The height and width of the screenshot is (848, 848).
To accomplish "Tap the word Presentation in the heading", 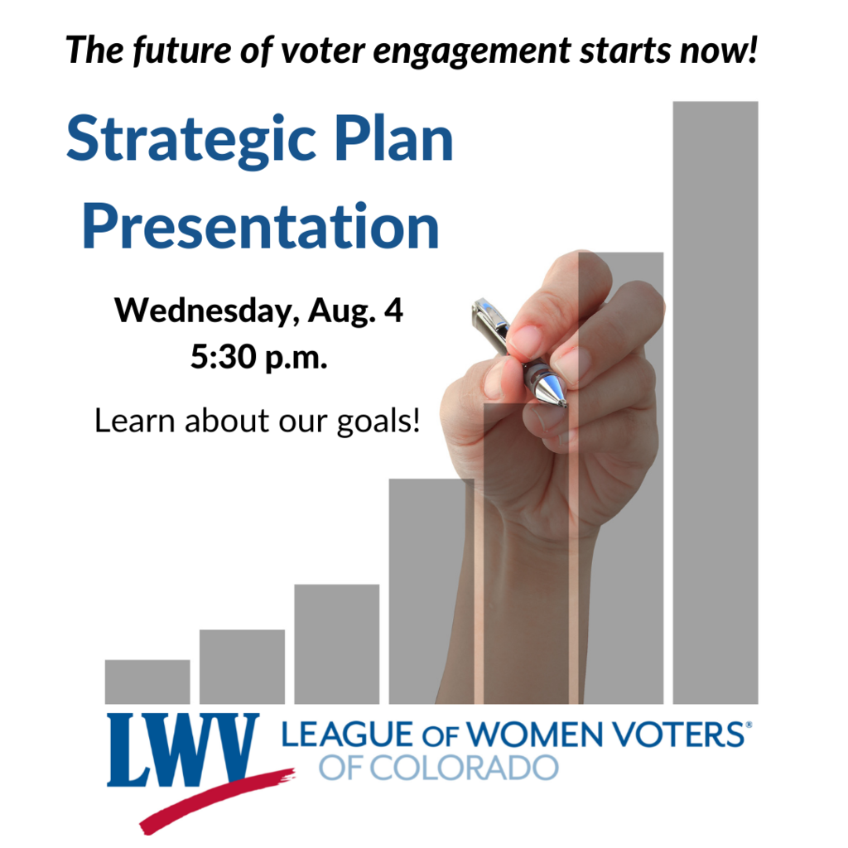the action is click(x=261, y=227).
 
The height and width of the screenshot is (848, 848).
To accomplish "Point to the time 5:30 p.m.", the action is click(x=259, y=358).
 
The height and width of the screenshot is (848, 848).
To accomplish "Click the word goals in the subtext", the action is click(x=378, y=422).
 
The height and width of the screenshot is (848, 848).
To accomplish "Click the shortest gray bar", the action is click(x=147, y=682).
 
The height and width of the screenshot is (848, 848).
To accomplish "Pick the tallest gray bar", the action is click(x=715, y=402).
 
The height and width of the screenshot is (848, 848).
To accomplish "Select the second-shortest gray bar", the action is click(x=242, y=667).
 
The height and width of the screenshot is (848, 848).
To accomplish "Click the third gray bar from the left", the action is click(x=336, y=644).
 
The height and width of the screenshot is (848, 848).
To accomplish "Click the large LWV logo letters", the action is click(x=183, y=749).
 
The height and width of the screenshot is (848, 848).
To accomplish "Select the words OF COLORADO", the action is click(x=439, y=768).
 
